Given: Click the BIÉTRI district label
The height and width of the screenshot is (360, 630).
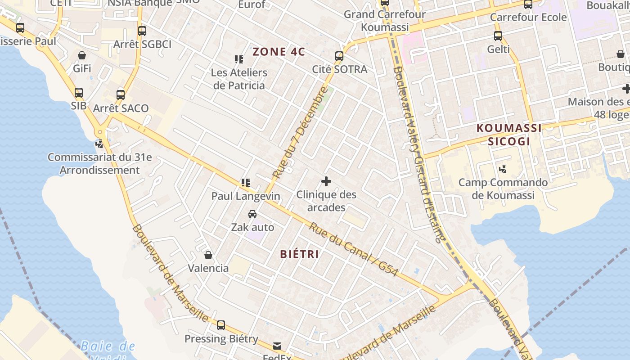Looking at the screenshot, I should (299, 254).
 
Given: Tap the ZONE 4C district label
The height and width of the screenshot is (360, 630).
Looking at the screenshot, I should (279, 52).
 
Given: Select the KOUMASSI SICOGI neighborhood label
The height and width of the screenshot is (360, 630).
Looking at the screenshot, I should (509, 135).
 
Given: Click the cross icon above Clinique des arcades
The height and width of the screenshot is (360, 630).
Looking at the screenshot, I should (326, 182).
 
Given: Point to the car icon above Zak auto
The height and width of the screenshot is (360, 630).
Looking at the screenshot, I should (252, 214).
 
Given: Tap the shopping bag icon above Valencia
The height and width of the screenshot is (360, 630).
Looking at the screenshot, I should (208, 256).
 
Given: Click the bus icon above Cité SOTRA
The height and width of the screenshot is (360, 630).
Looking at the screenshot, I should (339, 56).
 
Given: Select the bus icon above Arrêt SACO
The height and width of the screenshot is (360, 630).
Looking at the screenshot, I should (121, 95).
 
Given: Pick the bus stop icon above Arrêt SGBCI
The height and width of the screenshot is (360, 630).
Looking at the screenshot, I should (142, 31).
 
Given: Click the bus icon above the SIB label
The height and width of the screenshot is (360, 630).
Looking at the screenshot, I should (79, 93).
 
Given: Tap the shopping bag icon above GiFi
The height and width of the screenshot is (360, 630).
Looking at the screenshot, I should (82, 56).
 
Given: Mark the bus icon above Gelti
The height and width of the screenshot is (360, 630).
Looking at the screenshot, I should (498, 36).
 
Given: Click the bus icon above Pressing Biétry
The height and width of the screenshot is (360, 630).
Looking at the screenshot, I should (220, 325).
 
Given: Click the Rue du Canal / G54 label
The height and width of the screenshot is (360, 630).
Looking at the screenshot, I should (353, 249).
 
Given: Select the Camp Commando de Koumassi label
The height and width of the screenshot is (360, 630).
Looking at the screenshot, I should (503, 189).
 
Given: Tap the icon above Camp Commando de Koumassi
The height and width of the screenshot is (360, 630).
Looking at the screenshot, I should (503, 169).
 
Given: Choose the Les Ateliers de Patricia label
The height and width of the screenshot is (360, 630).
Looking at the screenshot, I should (239, 79).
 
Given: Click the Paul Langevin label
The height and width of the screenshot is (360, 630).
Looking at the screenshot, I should (246, 196).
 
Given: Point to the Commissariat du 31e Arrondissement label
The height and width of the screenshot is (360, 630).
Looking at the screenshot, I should (99, 164).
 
